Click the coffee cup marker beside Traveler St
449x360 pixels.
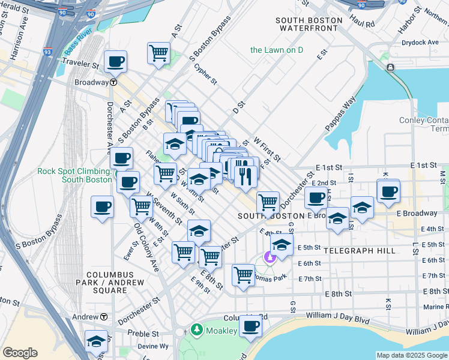tap(115, 61)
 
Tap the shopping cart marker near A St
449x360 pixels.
tap(158, 53)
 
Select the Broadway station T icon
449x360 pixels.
tap(113, 83)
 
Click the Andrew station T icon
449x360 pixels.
tap(104, 317)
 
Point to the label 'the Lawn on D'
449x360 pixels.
tap(277, 50)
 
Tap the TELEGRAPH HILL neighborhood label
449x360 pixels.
tap(360, 251)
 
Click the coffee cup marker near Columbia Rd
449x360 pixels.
tap(250, 326)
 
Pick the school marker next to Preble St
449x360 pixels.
tap(96, 341)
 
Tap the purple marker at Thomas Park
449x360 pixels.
tap(270, 258)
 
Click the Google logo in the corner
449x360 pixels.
tap(20, 353)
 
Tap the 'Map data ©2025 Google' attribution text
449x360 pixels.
tap(412, 356)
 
